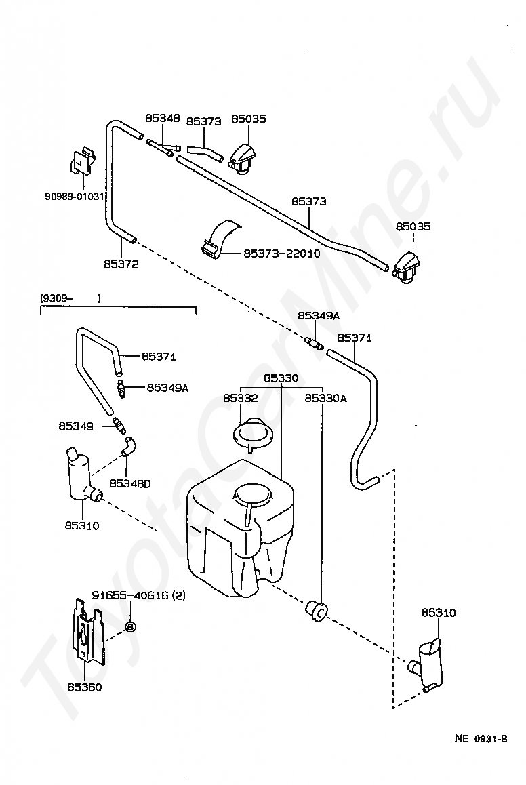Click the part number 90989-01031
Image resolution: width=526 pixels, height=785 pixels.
[74, 197]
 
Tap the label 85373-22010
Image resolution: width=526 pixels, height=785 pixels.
[282, 254]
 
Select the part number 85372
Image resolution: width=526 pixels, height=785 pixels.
[121, 264]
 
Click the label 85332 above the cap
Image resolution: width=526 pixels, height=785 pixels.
[240, 398]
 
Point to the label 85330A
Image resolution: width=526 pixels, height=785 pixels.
[326, 398]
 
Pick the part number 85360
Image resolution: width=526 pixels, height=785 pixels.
[85, 687]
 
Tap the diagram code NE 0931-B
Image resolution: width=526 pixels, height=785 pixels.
[481, 738]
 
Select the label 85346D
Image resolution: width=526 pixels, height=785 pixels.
[129, 483]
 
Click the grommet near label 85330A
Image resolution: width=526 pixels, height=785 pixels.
[317, 611]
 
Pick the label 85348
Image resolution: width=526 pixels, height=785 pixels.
[163, 118]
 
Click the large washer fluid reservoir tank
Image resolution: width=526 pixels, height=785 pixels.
[240, 528]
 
